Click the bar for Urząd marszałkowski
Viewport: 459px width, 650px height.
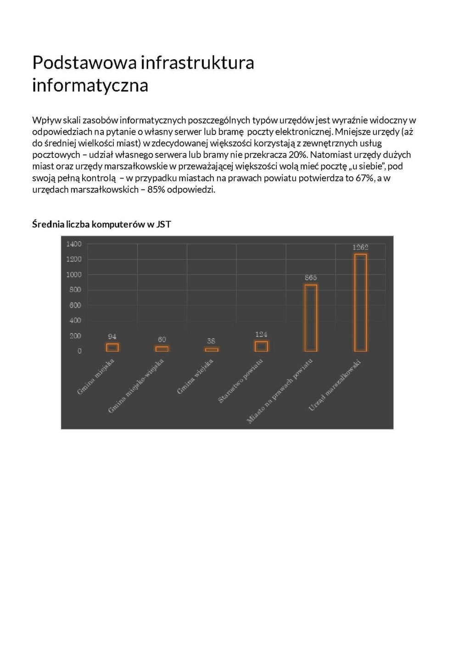pyautogui.click(x=360, y=303)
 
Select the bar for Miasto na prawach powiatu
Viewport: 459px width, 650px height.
pyautogui.click(x=311, y=318)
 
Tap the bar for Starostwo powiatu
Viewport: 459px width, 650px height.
pyautogui.click(x=261, y=346)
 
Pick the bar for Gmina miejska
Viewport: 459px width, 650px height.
pyautogui.click(x=112, y=347)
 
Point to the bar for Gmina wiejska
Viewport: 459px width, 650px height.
pyautogui.click(x=212, y=349)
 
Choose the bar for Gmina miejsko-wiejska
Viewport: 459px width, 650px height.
pyautogui.click(x=162, y=349)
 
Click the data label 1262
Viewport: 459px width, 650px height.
pyautogui.click(x=360, y=247)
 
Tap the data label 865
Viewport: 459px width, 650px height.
pyautogui.click(x=311, y=278)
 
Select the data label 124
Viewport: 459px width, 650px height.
pyautogui.click(x=261, y=335)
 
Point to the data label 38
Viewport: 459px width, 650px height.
pyautogui.click(x=211, y=341)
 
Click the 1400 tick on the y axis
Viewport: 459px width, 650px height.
pyautogui.click(x=74, y=244)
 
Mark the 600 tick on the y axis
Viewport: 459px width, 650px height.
pyautogui.click(x=75, y=305)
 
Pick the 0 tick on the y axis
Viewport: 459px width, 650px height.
pyautogui.click(x=79, y=351)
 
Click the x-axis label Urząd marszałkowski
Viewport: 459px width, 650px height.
pyautogui.click(x=335, y=386)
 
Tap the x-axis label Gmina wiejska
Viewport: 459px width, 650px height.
pyautogui.click(x=196, y=377)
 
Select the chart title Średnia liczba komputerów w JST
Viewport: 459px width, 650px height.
pyautogui.click(x=101, y=224)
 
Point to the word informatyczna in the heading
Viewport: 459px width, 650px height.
pyautogui.click(x=90, y=85)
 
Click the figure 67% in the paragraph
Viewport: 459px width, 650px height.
pyautogui.click(x=364, y=178)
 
